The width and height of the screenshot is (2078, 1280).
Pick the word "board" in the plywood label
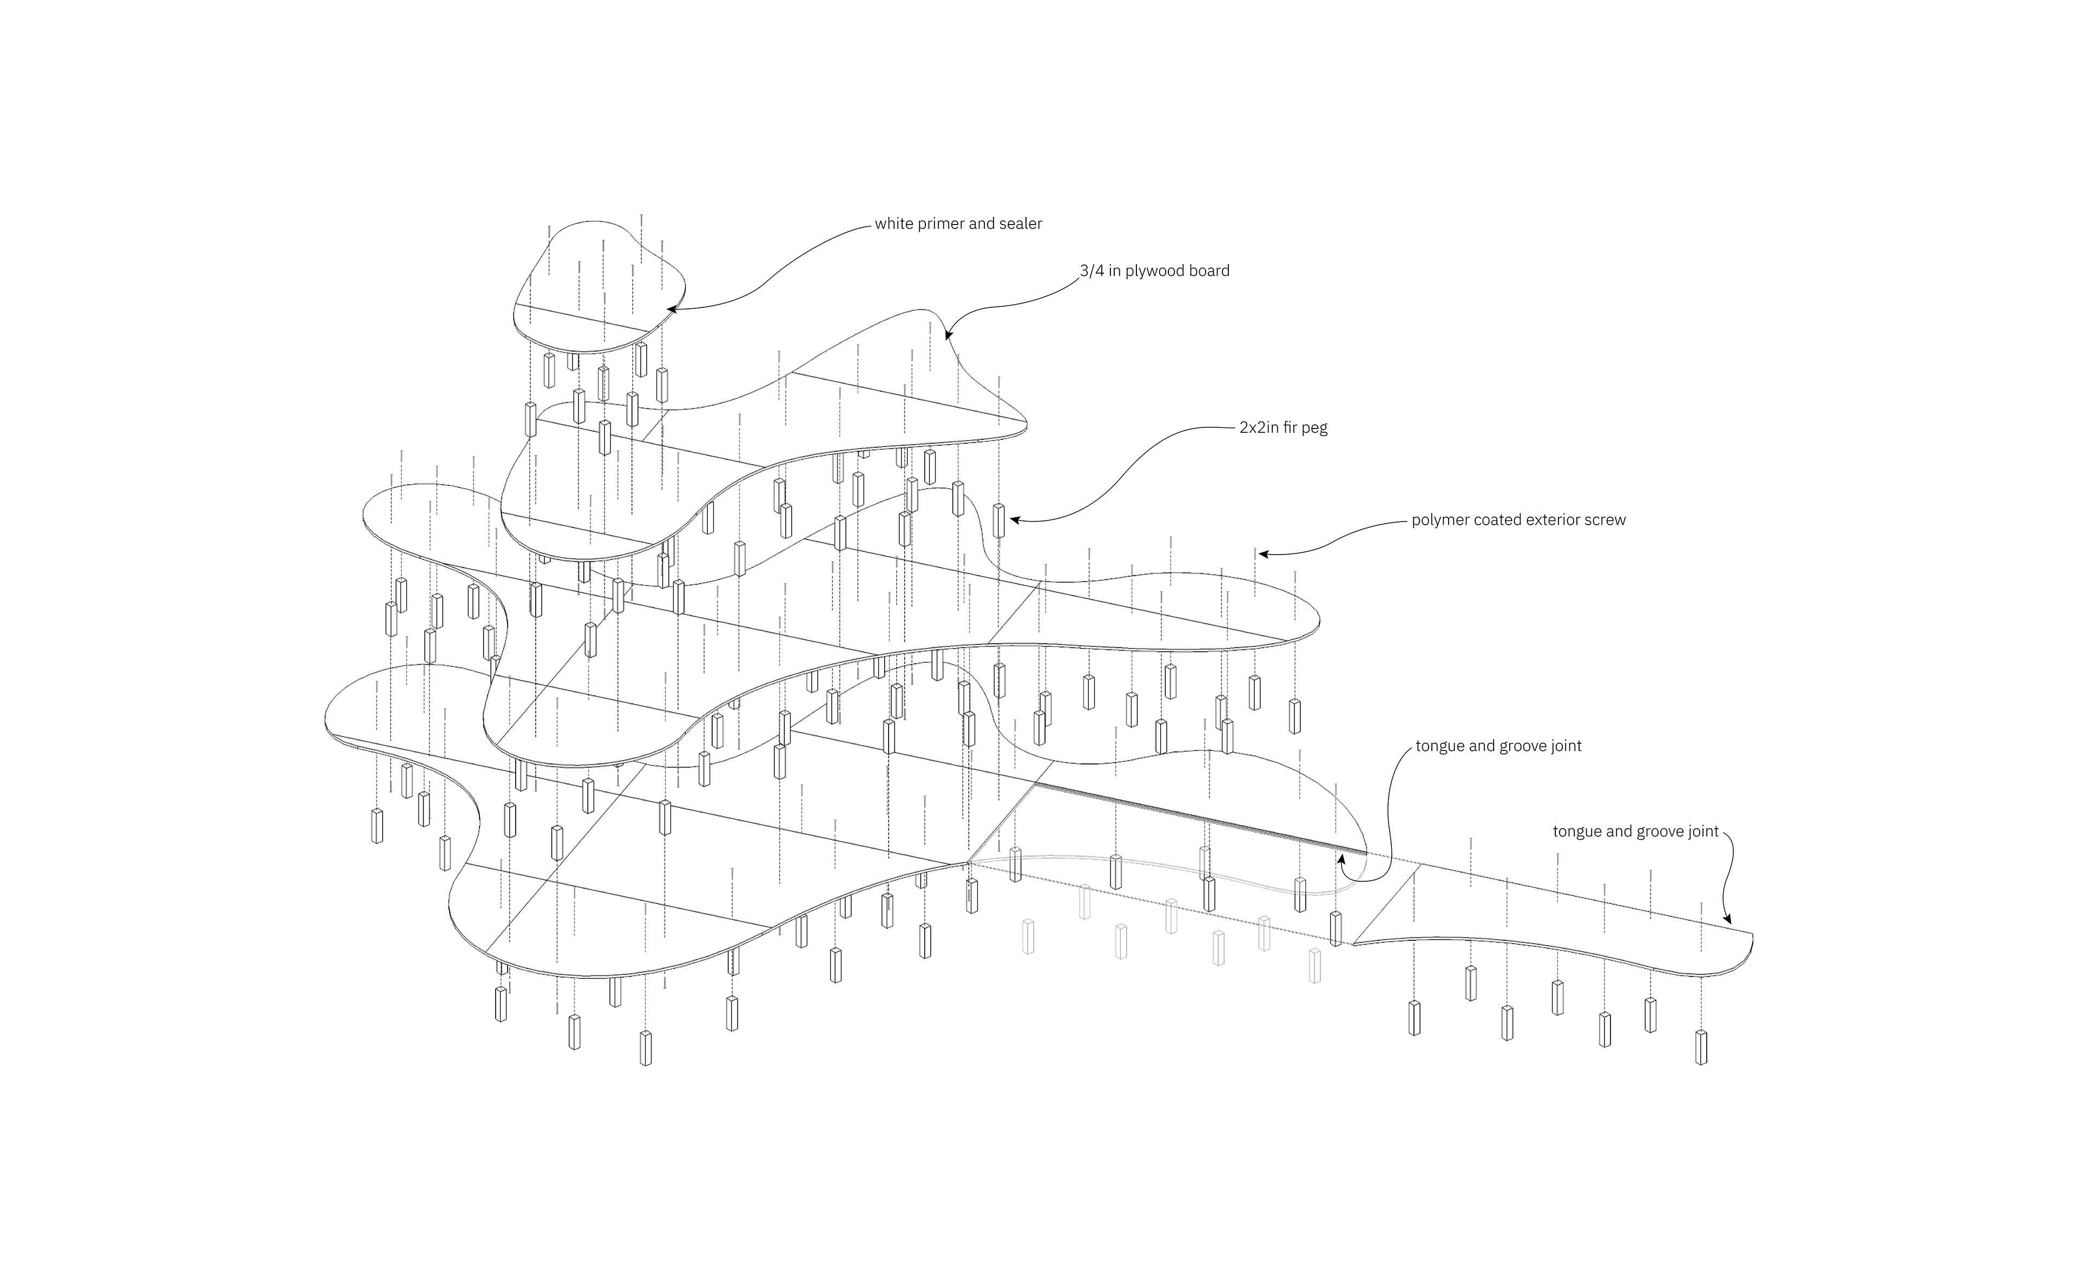coord(1209,271)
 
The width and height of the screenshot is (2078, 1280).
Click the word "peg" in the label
coord(1317,429)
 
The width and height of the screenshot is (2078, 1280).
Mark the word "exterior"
coord(1550,520)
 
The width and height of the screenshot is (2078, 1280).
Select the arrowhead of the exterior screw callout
coord(1264,555)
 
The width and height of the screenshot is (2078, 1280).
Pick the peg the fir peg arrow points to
coord(999,520)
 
